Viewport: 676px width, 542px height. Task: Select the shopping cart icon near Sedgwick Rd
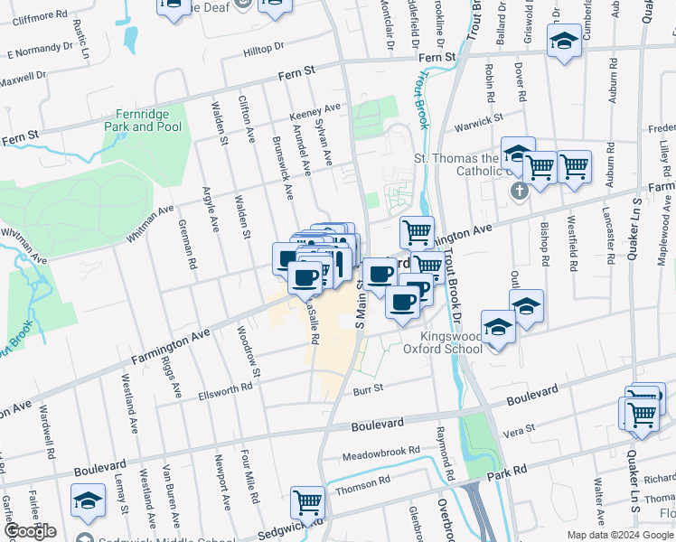pos(307,502)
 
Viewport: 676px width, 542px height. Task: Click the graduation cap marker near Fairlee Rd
pos(89,500)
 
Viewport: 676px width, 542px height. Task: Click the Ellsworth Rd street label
pos(221,388)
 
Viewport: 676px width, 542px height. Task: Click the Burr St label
pos(369,389)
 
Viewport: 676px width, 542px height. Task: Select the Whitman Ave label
pos(149,223)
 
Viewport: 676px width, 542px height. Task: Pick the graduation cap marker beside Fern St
pos(564,42)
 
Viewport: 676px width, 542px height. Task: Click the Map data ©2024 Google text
pos(619,535)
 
